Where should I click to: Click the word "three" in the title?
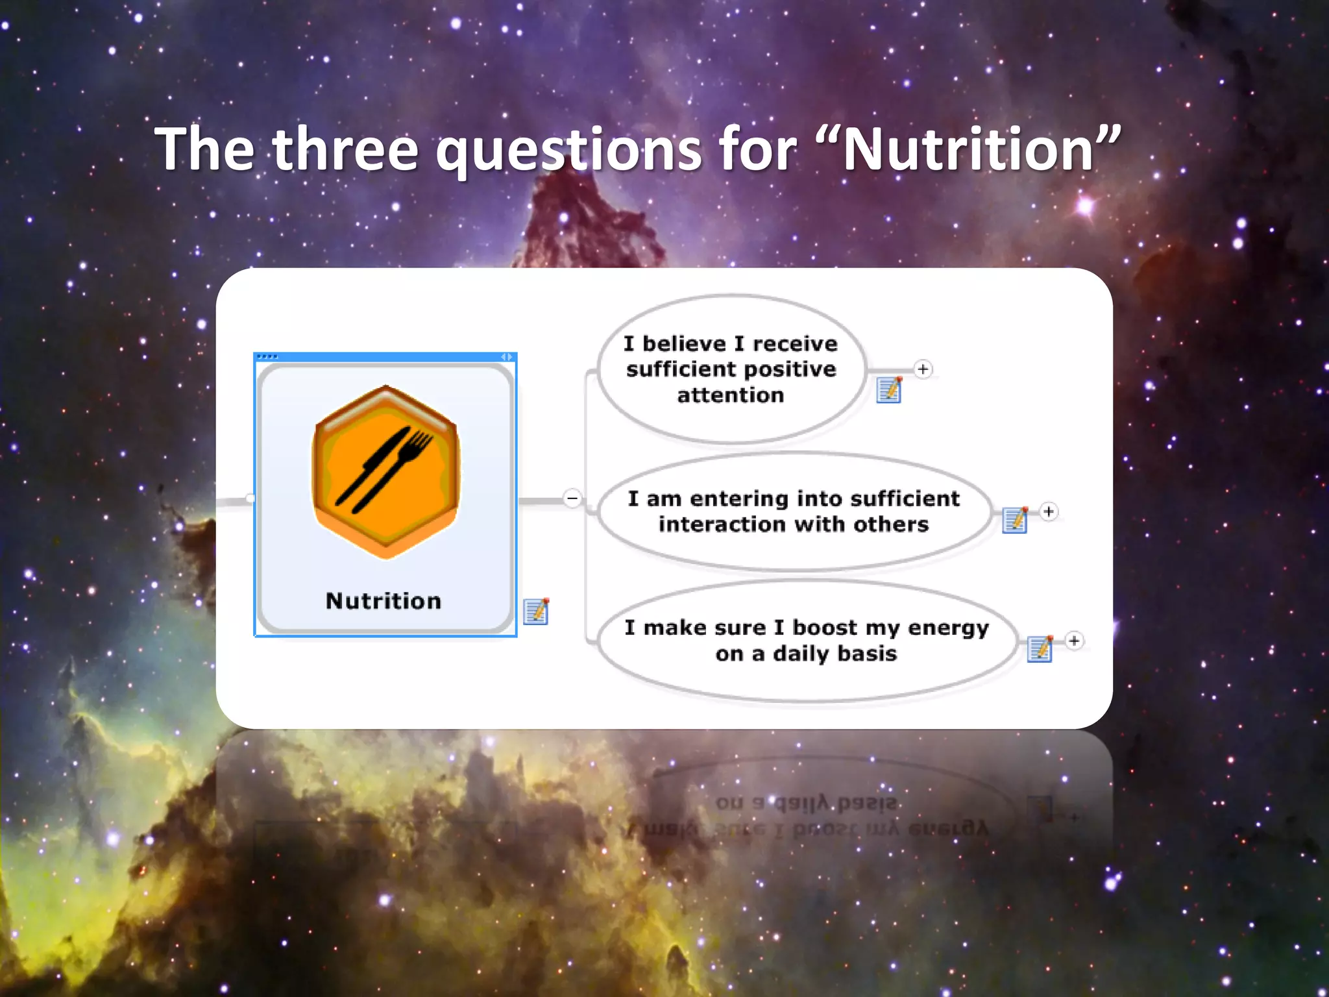(345, 149)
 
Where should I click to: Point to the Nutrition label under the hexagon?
(384, 601)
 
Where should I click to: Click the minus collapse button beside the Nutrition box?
(572, 498)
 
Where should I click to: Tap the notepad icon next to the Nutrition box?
(536, 611)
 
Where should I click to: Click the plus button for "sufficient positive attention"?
(923, 369)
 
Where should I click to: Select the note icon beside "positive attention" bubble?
(888, 390)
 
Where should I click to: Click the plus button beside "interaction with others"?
(1049, 511)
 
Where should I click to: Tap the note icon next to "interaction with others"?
(1015, 520)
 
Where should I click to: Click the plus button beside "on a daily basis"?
(1074, 641)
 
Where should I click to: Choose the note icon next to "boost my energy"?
(1040, 649)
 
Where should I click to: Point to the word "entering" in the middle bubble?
(738, 498)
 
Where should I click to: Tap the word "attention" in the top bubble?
(731, 395)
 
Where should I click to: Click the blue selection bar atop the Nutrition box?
(385, 357)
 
